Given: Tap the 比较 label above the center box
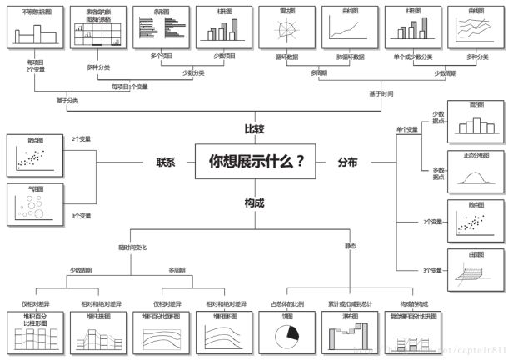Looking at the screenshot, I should pyautogui.click(x=255, y=130).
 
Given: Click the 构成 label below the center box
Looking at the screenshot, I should pyautogui.click(x=255, y=202).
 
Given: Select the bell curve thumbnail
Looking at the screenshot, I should pyautogui.click(x=476, y=173).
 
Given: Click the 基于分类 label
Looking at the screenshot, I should pyautogui.click(x=67, y=101).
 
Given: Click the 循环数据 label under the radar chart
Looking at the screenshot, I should pyautogui.click(x=286, y=57).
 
